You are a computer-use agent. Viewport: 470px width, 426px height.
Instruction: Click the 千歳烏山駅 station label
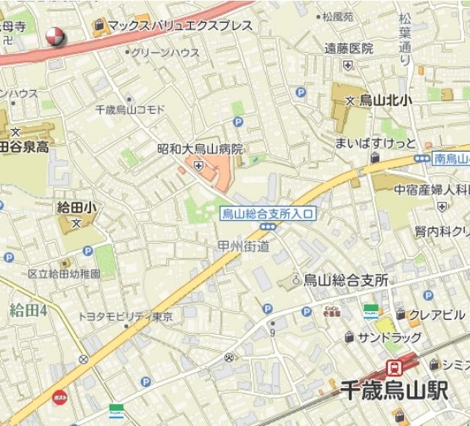point(394,390)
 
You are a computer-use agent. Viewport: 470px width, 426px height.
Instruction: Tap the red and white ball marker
point(55,35)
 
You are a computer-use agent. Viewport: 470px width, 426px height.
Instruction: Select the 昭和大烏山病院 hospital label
point(200,149)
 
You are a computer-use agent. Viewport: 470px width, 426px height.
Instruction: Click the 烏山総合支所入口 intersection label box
point(268,214)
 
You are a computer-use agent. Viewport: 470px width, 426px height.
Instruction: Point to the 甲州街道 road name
point(244,246)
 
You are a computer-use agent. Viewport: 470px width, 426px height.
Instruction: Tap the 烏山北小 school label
point(383,102)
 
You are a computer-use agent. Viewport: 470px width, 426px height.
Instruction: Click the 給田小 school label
point(76,208)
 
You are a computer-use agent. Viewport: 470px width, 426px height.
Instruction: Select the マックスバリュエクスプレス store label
point(180,26)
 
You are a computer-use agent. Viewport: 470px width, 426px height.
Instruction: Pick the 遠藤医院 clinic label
point(350,49)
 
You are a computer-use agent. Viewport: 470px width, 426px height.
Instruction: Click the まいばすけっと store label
point(375,142)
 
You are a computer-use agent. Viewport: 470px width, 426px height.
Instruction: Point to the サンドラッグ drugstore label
point(390,337)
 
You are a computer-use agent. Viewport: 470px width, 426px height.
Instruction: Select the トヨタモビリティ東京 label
point(126,317)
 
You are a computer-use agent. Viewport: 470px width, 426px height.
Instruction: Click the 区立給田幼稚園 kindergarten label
point(64,273)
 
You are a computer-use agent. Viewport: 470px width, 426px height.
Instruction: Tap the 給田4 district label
point(28,309)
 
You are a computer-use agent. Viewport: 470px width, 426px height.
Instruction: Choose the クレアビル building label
point(438,315)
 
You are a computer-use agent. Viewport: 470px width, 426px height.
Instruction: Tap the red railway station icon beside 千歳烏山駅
point(394,367)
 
